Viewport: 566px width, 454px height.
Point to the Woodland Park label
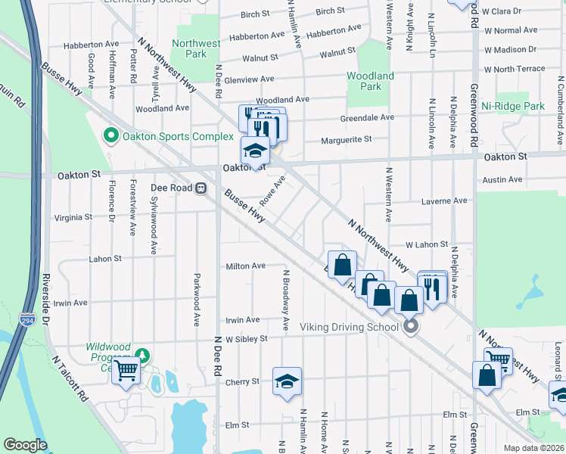[x=370, y=81]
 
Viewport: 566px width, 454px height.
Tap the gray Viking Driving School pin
[x=411, y=327]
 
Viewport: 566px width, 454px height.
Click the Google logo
[x=25, y=445]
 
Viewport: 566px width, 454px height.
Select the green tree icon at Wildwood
[x=141, y=355]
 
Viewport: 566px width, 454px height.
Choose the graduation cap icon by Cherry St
[x=287, y=381]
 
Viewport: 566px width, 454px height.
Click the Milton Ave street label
[x=246, y=266]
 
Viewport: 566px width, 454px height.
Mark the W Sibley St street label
[x=245, y=338]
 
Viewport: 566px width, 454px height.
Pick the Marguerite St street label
[x=346, y=139]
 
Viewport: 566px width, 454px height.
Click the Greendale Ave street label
[x=367, y=117]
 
